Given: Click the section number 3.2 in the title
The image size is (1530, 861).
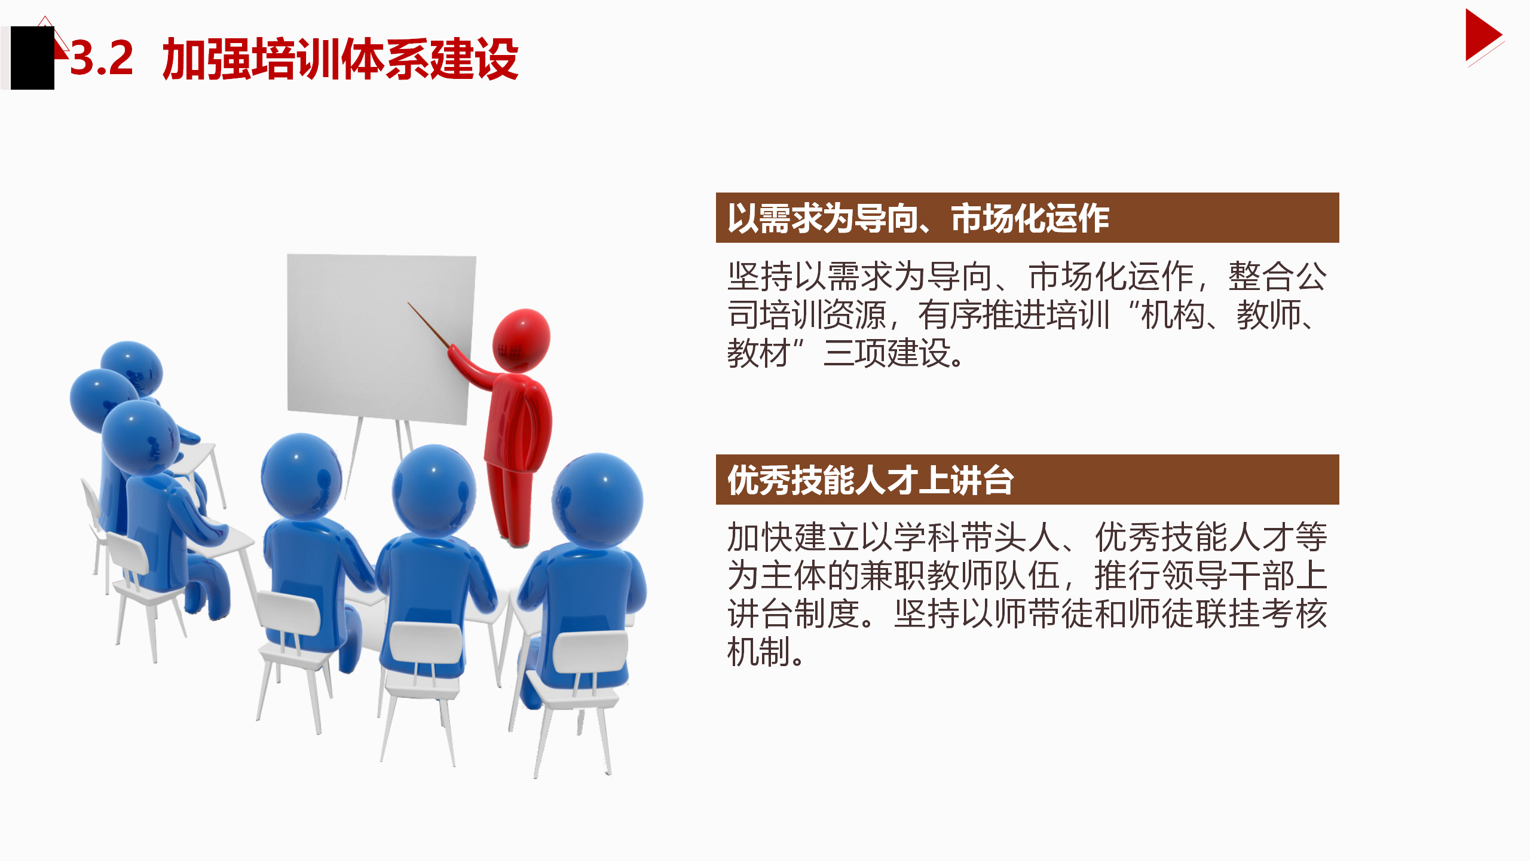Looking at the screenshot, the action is [102, 59].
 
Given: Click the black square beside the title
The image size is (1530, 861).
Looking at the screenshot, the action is [32, 58].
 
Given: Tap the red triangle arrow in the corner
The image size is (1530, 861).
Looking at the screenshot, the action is [1483, 35].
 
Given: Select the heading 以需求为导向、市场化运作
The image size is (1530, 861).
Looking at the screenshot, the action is [919, 218].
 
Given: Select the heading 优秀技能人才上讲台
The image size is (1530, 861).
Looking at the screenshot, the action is [870, 480].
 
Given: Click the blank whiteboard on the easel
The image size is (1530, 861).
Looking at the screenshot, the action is [381, 338].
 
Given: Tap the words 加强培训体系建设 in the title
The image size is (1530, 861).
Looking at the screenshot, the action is [340, 59].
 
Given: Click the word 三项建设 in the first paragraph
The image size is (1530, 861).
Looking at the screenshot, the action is [887, 353].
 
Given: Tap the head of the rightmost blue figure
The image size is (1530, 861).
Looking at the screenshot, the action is [598, 499].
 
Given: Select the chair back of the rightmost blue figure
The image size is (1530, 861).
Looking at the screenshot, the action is [590, 652].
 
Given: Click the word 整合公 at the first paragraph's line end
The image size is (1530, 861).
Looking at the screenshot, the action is [1277, 276].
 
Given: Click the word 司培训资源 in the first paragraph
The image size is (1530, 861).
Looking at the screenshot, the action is [807, 315].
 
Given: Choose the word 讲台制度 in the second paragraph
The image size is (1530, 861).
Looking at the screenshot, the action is [794, 613].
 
